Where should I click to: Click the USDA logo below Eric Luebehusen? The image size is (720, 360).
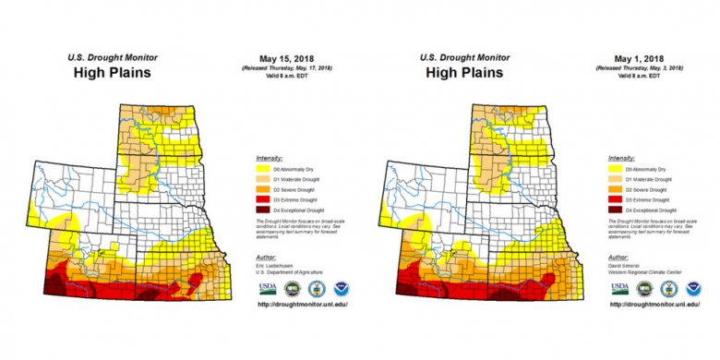coord(267,288)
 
